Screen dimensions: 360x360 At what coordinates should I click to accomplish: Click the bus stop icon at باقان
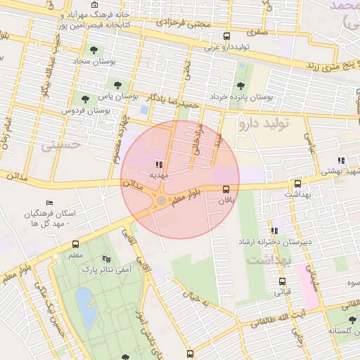point(226,189)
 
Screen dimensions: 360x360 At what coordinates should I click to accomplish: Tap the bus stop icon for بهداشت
point(298,182)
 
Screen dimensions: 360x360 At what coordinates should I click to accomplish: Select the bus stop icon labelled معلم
point(75,244)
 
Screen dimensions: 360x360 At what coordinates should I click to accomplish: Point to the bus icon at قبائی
point(282,281)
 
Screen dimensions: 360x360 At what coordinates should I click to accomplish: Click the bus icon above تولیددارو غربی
point(226,37)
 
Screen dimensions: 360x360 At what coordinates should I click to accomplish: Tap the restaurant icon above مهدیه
point(158,162)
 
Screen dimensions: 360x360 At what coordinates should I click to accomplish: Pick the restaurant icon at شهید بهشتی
point(341,160)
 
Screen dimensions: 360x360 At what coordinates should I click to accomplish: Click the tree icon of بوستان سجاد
point(94,49)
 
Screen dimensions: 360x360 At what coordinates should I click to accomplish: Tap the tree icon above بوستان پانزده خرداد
point(241,85)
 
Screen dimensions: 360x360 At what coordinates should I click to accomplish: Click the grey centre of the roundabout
point(161,201)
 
